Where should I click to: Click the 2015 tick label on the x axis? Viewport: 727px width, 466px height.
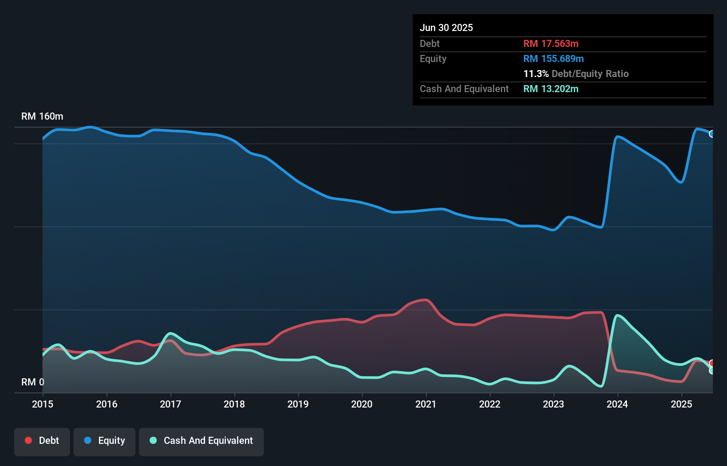pos(43,404)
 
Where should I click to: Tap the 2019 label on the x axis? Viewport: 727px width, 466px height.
pos(298,404)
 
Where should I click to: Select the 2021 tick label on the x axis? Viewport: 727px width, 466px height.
pos(425,404)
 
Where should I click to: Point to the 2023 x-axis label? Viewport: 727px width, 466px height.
pos(553,404)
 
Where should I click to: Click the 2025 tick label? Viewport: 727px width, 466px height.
pos(681,404)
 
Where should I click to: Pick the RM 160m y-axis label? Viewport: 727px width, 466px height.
pos(42,116)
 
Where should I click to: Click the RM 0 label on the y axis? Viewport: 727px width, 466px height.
pos(33,382)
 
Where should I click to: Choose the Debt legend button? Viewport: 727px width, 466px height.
pos(42,441)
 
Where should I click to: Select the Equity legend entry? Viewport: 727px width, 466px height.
pos(104,441)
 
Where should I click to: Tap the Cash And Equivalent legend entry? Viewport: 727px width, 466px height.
pos(201,441)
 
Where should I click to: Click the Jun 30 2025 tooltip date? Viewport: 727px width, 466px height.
pos(446,28)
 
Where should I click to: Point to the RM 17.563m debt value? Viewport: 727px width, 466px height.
pos(551,44)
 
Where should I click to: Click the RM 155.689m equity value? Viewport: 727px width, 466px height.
pos(553,59)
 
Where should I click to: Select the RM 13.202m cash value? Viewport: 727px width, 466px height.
pos(551,89)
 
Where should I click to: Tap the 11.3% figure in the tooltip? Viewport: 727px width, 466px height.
pos(536,74)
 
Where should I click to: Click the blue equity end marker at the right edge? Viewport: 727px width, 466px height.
pos(712,134)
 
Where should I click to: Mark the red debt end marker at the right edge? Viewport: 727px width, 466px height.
pos(712,363)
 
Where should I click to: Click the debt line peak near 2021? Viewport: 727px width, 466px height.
pos(425,300)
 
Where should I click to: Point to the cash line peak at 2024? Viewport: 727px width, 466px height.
pos(617,315)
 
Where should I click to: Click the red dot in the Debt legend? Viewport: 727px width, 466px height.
pos(28,440)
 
